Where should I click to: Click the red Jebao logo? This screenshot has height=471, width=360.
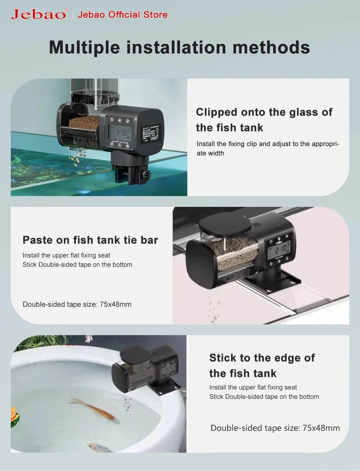coord(39,14)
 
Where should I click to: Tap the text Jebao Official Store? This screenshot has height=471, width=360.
coord(122,15)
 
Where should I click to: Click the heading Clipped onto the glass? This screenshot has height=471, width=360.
coord(264,112)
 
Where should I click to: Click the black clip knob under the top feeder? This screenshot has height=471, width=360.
coord(146,176)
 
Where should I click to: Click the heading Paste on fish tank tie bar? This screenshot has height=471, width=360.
coord(90,240)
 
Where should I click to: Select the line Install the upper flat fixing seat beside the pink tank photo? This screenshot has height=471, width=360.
coord(66,256)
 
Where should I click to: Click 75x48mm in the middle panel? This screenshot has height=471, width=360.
coord(116,305)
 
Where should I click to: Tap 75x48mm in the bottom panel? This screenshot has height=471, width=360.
coord(321,428)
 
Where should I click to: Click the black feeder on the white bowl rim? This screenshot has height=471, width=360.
coord(148,369)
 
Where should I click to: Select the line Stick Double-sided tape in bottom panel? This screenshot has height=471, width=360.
coord(264,397)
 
